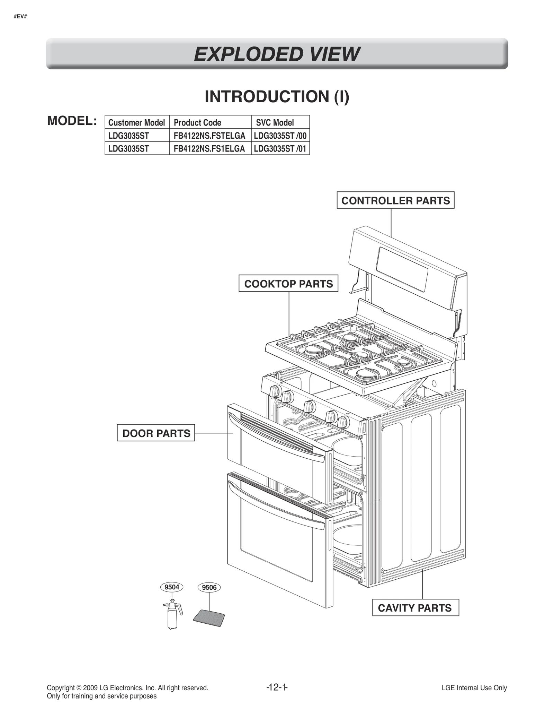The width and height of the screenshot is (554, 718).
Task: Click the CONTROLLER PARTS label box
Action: (x=395, y=200)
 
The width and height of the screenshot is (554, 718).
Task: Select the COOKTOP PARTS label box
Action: (x=288, y=284)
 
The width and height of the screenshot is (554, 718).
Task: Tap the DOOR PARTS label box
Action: (x=156, y=433)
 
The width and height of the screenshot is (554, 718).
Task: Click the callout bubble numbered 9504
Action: (x=172, y=587)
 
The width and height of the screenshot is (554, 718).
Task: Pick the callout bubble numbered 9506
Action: (x=209, y=587)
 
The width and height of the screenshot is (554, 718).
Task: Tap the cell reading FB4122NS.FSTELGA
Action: (x=209, y=136)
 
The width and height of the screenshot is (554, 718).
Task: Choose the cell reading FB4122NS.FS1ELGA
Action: (x=209, y=149)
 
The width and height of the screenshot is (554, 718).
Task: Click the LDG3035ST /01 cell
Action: (x=280, y=149)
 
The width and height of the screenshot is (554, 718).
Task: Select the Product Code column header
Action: (x=197, y=122)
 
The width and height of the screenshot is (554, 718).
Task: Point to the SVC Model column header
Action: (x=275, y=122)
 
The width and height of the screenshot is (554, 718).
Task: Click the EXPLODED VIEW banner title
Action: (x=277, y=54)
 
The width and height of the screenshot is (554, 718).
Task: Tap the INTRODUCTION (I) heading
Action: (x=277, y=96)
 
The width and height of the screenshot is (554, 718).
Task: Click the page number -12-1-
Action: (x=277, y=687)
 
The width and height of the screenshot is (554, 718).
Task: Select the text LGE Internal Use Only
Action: (x=474, y=688)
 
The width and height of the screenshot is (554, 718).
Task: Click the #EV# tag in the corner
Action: (x=20, y=16)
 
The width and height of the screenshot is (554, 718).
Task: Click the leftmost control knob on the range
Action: (x=275, y=391)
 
